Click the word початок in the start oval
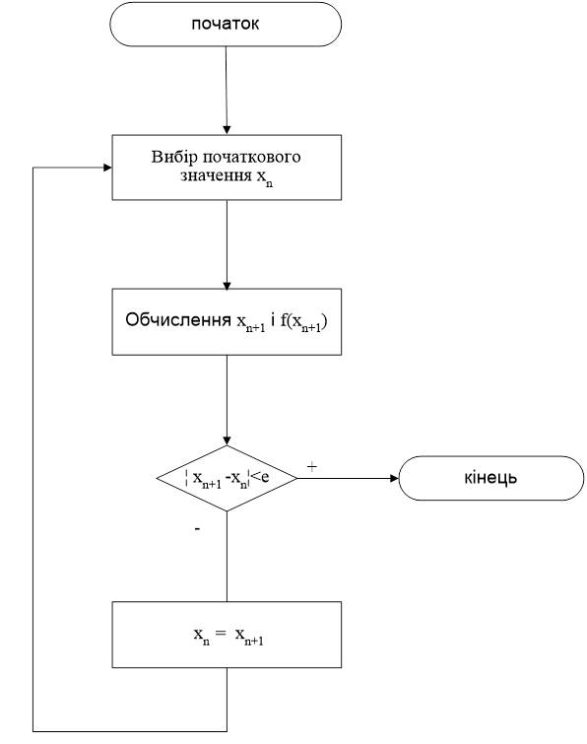(226, 25)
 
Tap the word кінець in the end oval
(490, 478)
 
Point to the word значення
(217, 175)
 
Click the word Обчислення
(178, 320)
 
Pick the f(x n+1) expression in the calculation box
(303, 321)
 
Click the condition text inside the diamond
(228, 478)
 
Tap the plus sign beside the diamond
(311, 467)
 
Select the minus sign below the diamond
(197, 528)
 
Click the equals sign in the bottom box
(221, 633)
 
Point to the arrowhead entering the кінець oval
(394, 478)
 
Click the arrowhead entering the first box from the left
(107, 168)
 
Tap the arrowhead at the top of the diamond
(227, 440)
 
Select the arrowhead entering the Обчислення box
(227, 285)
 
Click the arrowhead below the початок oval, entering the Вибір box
(227, 130)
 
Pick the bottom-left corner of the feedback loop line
(33, 731)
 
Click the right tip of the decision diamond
(297, 478)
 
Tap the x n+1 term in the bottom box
(249, 636)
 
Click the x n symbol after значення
(265, 179)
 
